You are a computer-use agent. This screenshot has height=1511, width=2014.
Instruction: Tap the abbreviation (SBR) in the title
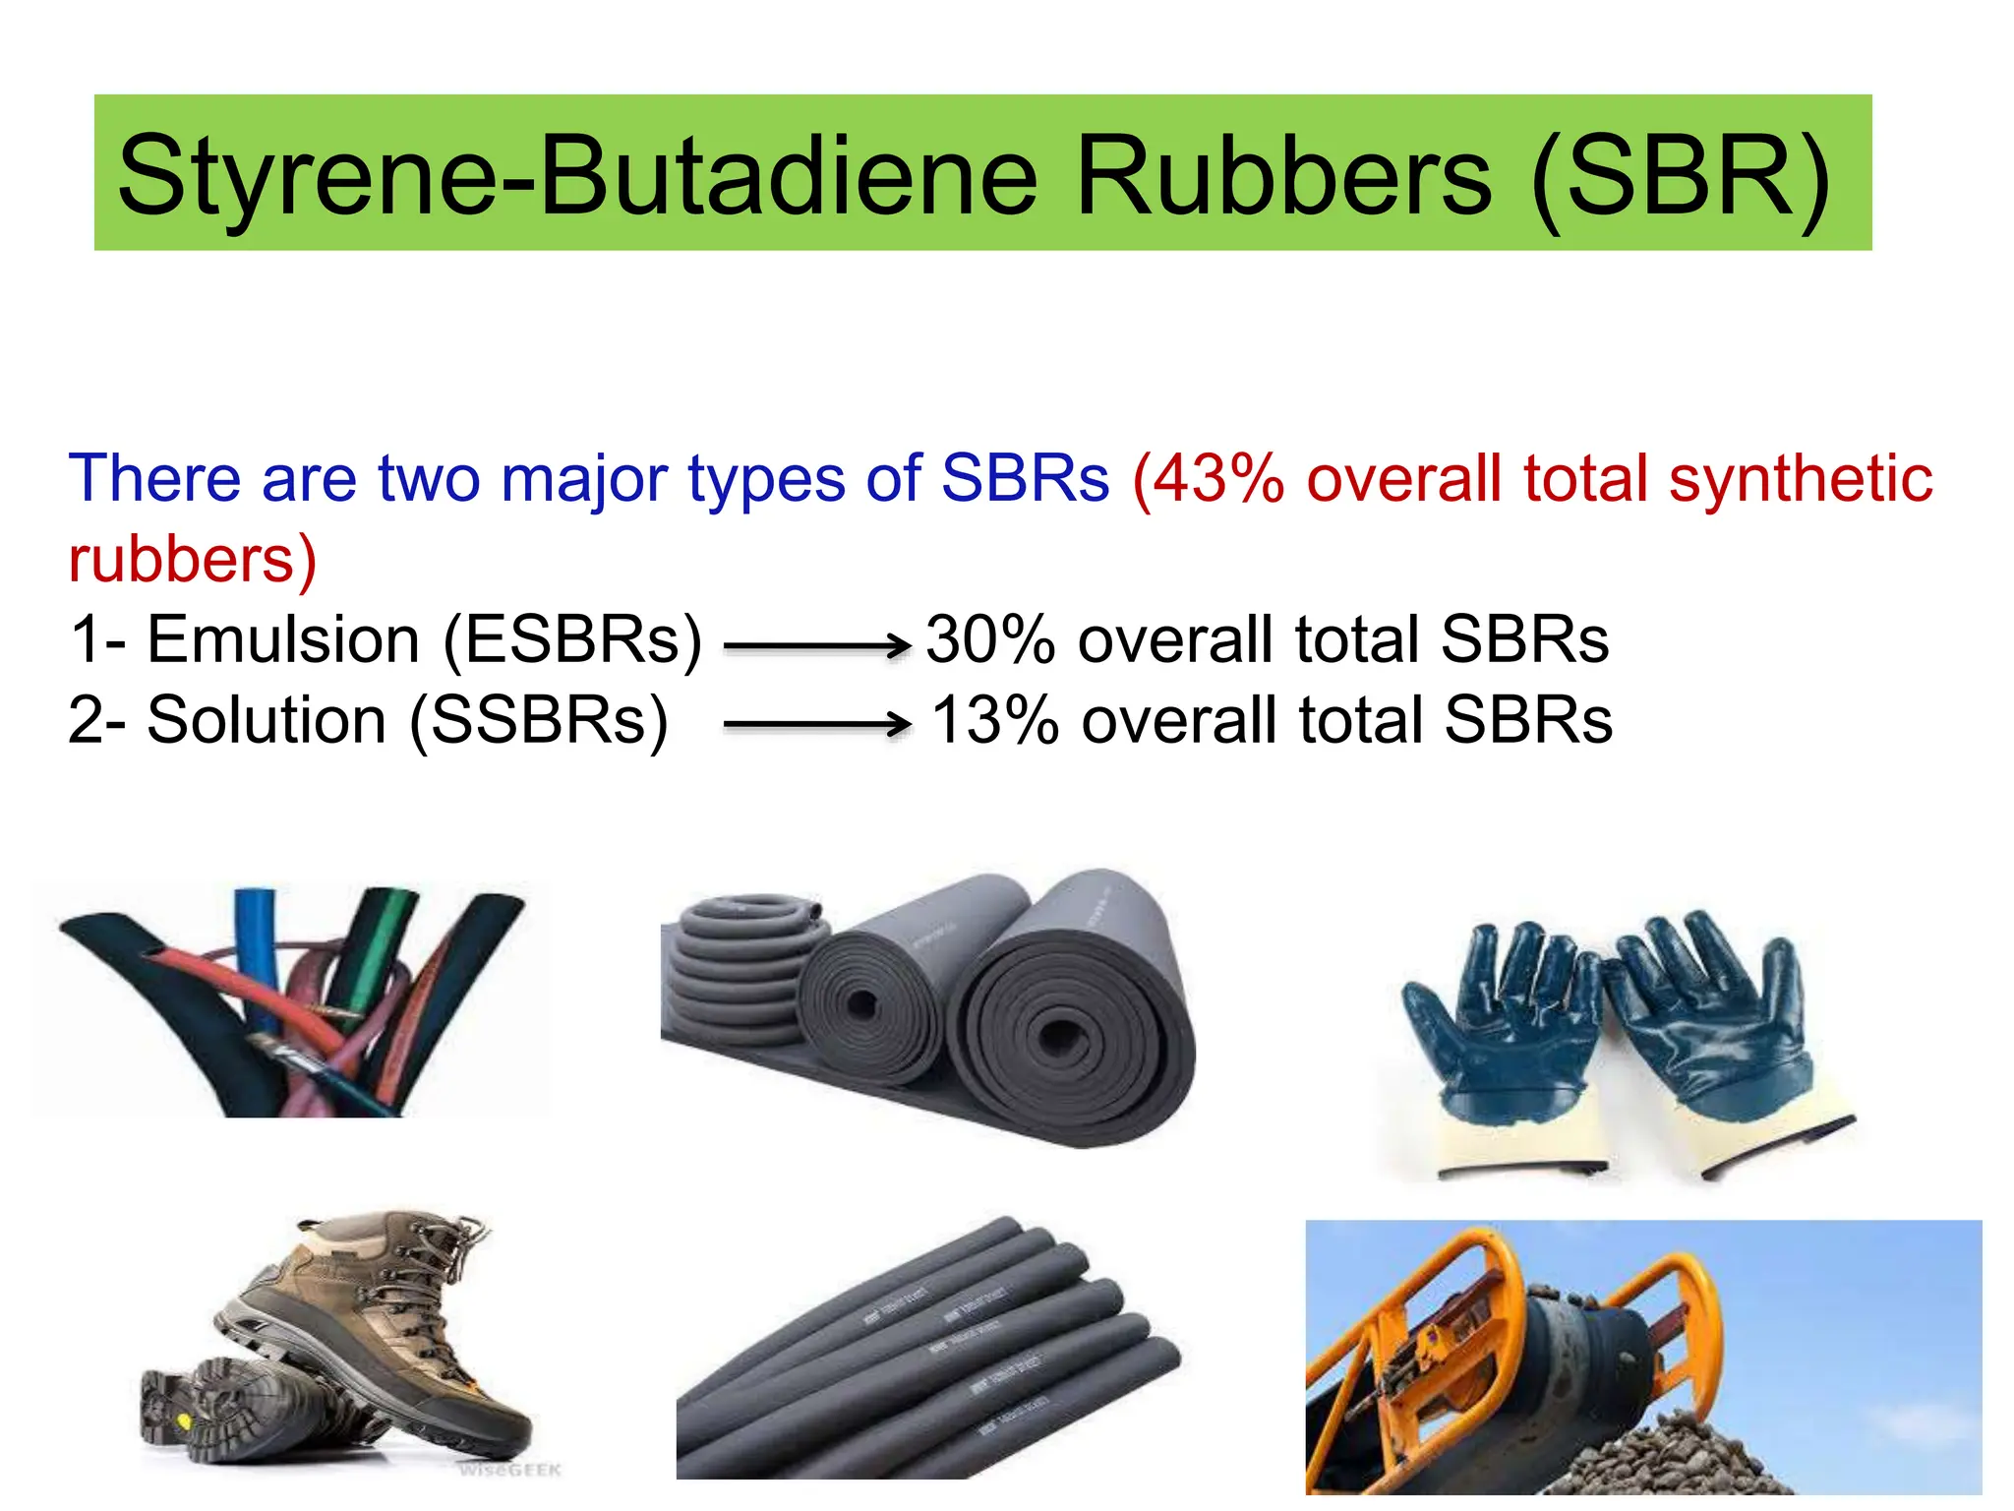point(1681,177)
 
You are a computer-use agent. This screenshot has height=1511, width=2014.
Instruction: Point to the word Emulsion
point(283,639)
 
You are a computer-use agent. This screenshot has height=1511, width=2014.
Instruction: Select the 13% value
point(993,720)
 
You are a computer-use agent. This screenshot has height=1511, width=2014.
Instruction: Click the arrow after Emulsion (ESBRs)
point(816,646)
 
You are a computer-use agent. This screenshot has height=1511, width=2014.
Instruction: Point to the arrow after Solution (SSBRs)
point(816,725)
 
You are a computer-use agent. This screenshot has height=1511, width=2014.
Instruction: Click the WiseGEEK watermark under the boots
point(510,1470)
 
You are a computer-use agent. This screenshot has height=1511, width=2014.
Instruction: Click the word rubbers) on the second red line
point(193,560)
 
